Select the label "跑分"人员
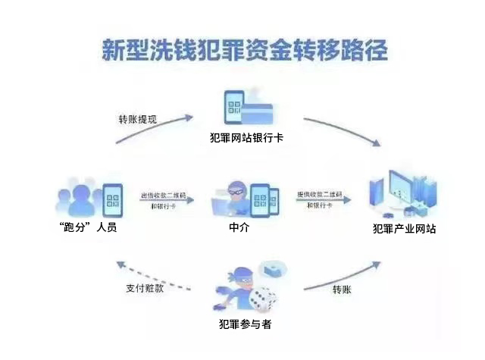tap(90, 227)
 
